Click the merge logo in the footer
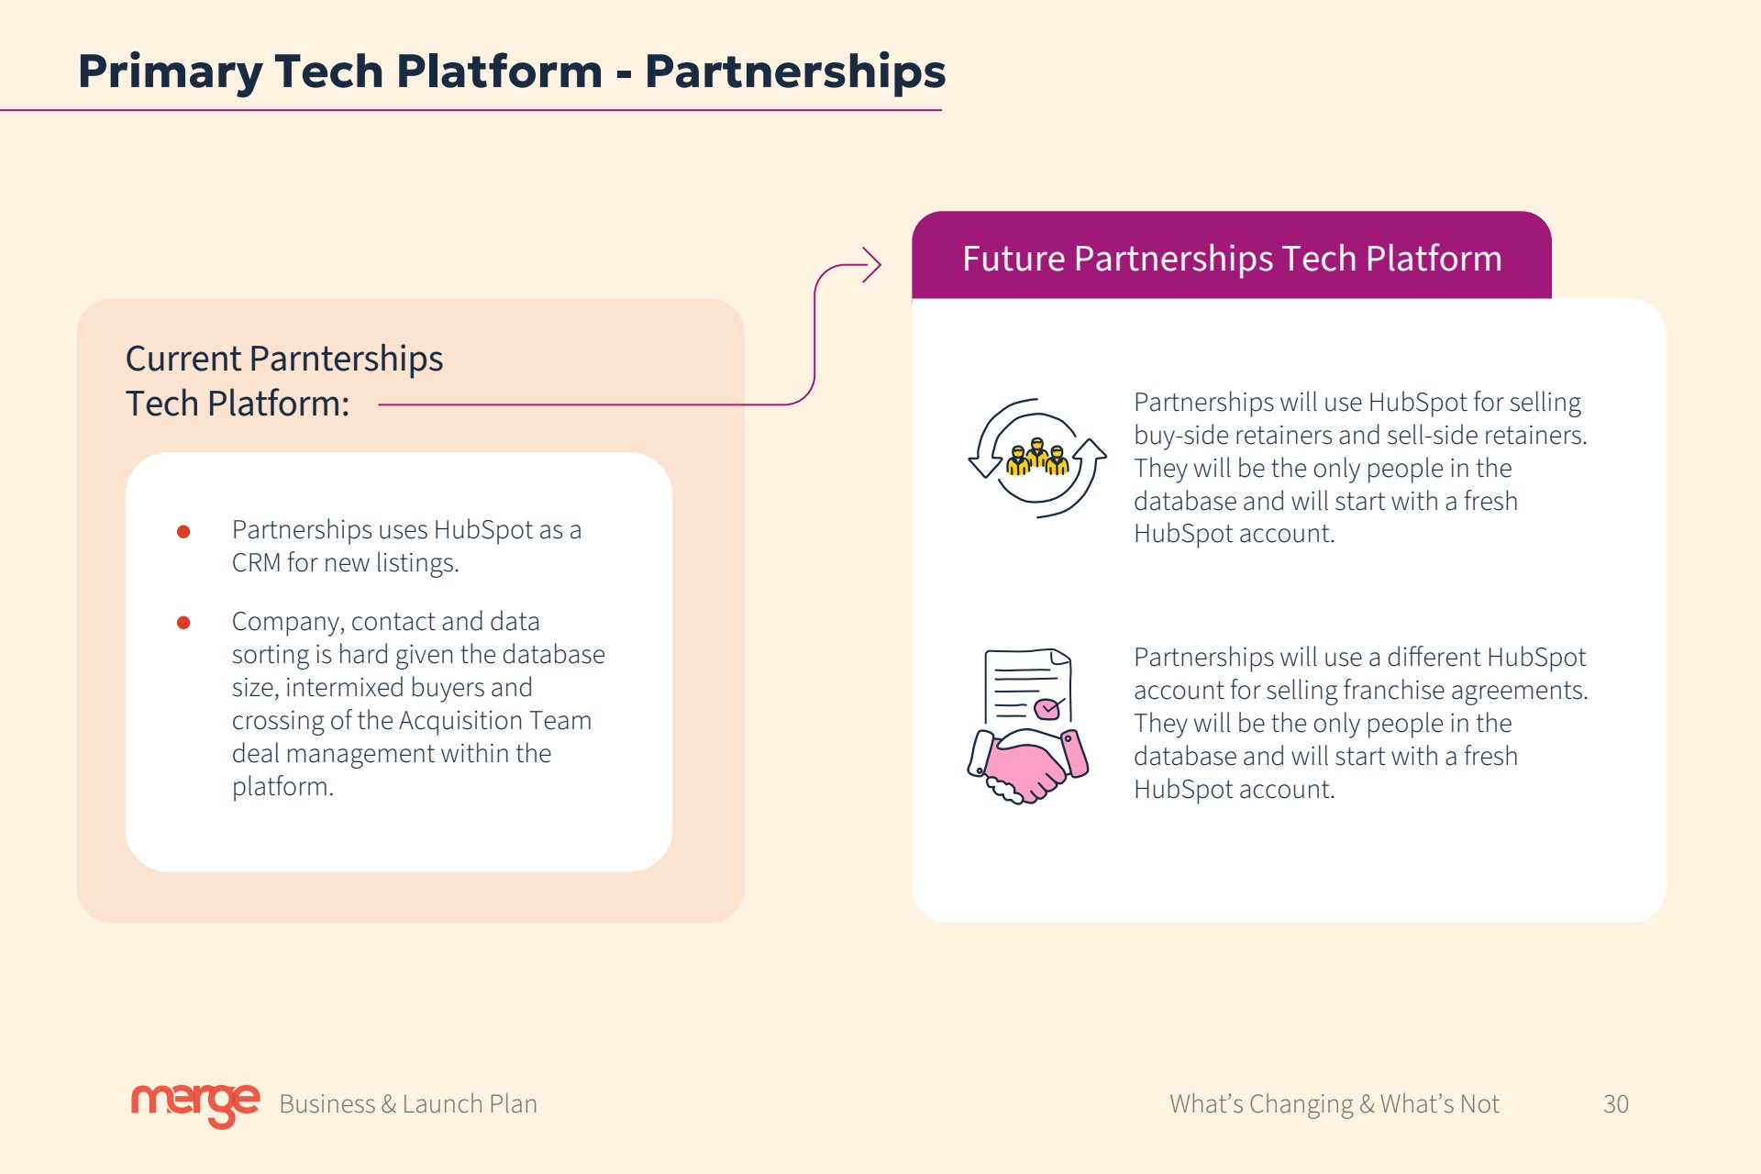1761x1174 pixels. [195, 1104]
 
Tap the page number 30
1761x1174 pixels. [1616, 1104]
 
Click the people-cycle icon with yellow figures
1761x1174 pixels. [1037, 458]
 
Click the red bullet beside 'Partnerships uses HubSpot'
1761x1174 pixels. [183, 532]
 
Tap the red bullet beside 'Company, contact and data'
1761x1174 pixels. [183, 623]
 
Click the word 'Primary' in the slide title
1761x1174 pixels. [170, 72]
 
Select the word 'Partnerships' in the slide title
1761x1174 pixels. [795, 72]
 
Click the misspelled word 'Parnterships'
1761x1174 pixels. [347, 359]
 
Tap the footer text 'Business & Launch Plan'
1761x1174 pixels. [408, 1104]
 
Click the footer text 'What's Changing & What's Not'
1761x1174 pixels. [1335, 1104]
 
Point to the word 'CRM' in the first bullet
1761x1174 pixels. [256, 563]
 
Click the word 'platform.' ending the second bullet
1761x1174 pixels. [282, 787]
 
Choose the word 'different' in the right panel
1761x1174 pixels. [1433, 658]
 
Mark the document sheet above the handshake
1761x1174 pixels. [1027, 687]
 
